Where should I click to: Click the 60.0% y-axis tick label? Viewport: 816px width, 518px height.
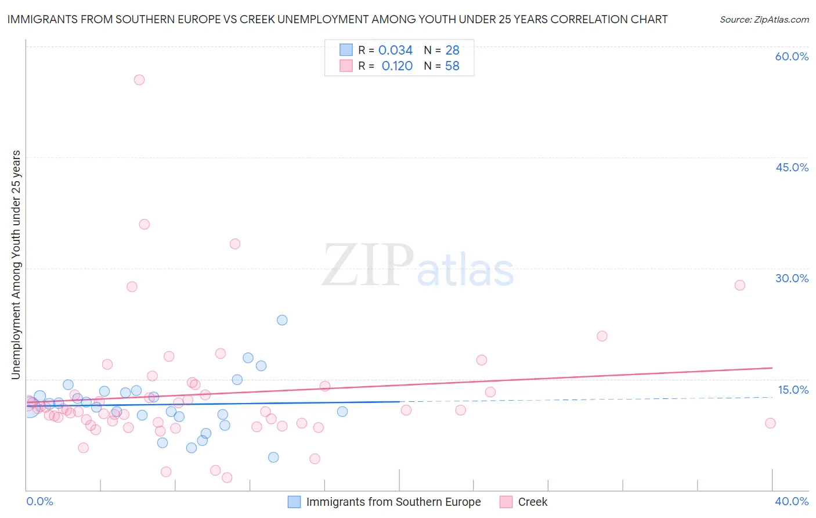tap(792, 56)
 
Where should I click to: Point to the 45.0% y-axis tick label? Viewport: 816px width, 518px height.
tap(792, 167)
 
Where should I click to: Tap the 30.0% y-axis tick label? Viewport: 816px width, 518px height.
tap(792, 278)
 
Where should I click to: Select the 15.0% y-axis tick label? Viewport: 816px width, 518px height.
tap(793, 390)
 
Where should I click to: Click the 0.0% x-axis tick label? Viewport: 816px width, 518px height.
tap(39, 501)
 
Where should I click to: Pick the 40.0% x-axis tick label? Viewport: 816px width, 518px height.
tap(792, 501)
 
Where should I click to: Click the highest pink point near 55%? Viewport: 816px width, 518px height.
tap(139, 80)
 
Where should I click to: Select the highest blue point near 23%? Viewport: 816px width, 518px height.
tap(282, 320)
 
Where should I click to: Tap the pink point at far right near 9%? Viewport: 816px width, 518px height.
tap(770, 423)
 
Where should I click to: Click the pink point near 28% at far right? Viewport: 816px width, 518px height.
tap(739, 285)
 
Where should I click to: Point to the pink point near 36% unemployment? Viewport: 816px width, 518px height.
tap(145, 224)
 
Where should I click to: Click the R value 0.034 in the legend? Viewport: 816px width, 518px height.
tap(395, 51)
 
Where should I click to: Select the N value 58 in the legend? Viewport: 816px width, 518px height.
tap(452, 66)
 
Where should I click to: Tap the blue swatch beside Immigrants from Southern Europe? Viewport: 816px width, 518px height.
tap(294, 502)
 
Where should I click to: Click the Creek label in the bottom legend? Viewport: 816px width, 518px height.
tap(532, 502)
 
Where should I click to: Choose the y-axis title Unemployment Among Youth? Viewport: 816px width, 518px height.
tap(16, 265)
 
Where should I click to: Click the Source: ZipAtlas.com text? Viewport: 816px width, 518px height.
tap(764, 20)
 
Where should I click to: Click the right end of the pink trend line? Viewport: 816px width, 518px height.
tap(772, 368)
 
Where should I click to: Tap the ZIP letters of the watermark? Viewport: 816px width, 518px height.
tap(367, 266)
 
